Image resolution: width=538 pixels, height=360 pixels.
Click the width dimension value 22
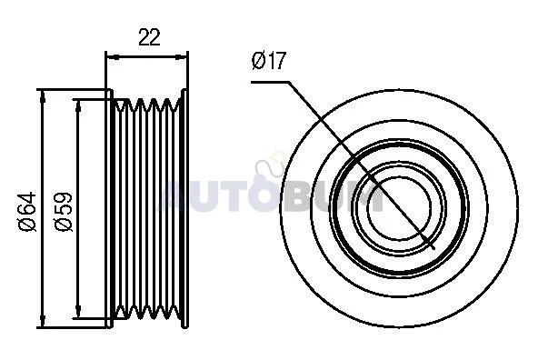149,37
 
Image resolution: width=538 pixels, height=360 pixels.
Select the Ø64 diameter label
26,212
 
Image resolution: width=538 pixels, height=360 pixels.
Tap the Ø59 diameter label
64,212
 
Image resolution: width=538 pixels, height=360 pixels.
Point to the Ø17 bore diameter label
268,60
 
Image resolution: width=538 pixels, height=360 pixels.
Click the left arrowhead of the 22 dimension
112,57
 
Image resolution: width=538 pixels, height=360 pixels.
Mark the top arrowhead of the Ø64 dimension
42,96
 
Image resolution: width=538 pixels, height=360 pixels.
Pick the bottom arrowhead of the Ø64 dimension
42,322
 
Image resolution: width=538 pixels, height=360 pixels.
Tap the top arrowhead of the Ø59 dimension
78,106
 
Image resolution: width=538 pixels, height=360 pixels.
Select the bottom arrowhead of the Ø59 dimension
78,312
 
